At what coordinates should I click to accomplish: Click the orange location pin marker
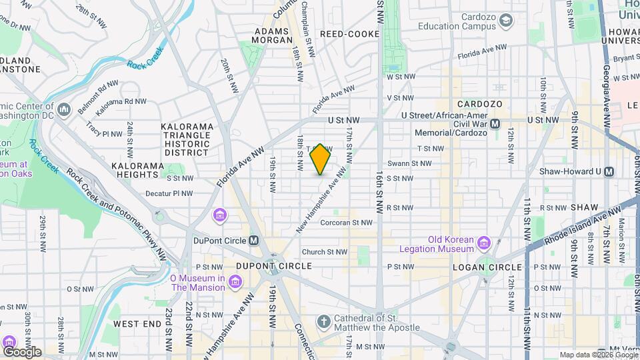pyautogui.click(x=321, y=159)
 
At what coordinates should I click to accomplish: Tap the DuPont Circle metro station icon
pyautogui.click(x=254, y=240)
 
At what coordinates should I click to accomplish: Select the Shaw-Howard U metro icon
pyautogui.click(x=609, y=172)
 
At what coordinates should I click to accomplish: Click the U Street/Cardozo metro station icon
pyautogui.click(x=495, y=124)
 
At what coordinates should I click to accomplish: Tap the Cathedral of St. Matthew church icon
pyautogui.click(x=324, y=323)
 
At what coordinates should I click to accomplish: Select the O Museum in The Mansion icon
pyautogui.click(x=234, y=283)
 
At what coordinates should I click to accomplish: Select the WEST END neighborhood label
pyautogui.click(x=137, y=324)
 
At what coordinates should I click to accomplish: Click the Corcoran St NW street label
pyautogui.click(x=345, y=223)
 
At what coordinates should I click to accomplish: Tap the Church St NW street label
pyautogui.click(x=325, y=252)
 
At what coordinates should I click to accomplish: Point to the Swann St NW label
pyautogui.click(x=409, y=163)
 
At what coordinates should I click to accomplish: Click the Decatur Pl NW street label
pyautogui.click(x=169, y=194)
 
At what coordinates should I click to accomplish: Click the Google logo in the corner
pyautogui.click(x=22, y=351)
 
